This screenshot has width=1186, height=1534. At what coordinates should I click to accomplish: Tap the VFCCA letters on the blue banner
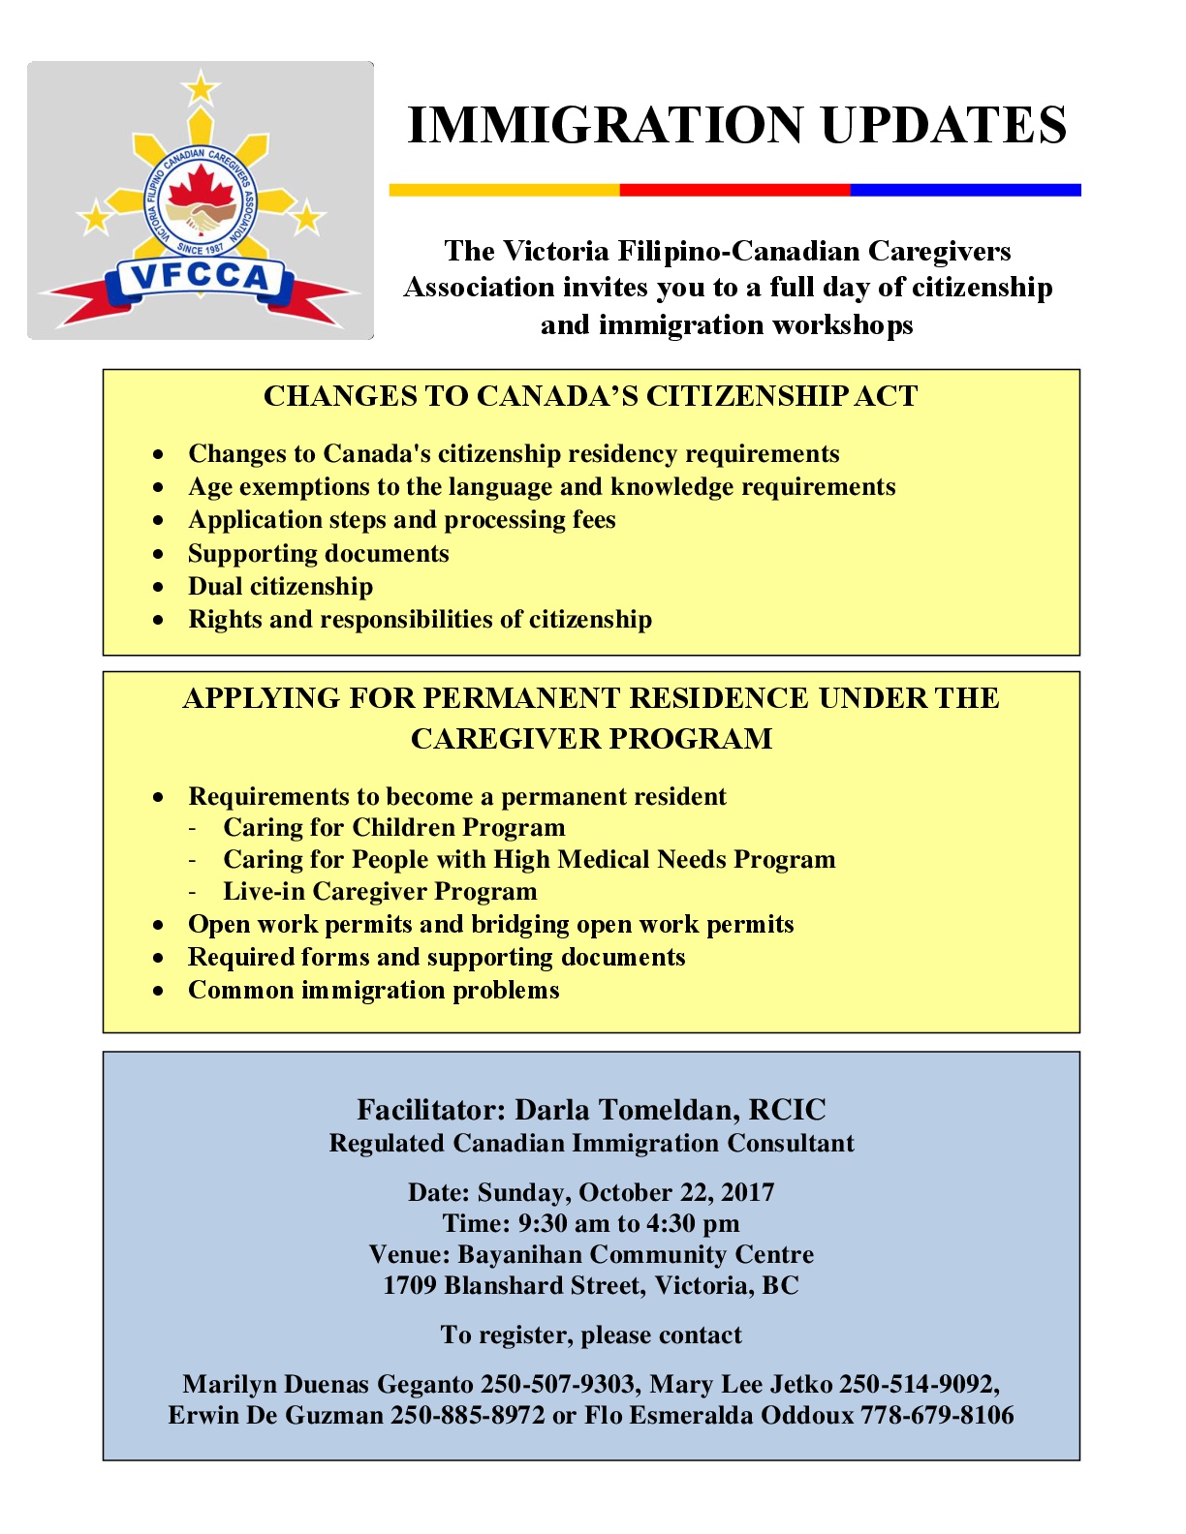(x=200, y=278)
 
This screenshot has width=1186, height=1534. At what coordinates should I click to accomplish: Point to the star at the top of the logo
(x=201, y=88)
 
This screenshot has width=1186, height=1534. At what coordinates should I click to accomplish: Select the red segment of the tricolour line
(x=734, y=191)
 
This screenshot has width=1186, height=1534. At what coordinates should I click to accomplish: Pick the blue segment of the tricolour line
(x=965, y=191)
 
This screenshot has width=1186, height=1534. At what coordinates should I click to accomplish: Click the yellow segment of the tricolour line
(x=504, y=191)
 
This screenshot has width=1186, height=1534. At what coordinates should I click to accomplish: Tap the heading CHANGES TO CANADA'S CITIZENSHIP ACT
(x=590, y=396)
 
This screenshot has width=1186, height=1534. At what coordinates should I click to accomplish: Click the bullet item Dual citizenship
(x=280, y=587)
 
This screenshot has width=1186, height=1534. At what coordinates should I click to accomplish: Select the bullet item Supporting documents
(x=319, y=554)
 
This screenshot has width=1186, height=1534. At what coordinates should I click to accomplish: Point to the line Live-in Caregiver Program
(x=380, y=892)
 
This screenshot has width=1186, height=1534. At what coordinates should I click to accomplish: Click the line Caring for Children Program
(x=394, y=828)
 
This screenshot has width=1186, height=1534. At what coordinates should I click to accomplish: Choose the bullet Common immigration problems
(x=374, y=991)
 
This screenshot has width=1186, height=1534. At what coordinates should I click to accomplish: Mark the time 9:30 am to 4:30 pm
(x=629, y=1223)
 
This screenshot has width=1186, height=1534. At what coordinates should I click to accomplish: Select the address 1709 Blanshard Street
(x=513, y=1285)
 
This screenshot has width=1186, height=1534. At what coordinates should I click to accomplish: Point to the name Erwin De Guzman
(x=276, y=1415)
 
